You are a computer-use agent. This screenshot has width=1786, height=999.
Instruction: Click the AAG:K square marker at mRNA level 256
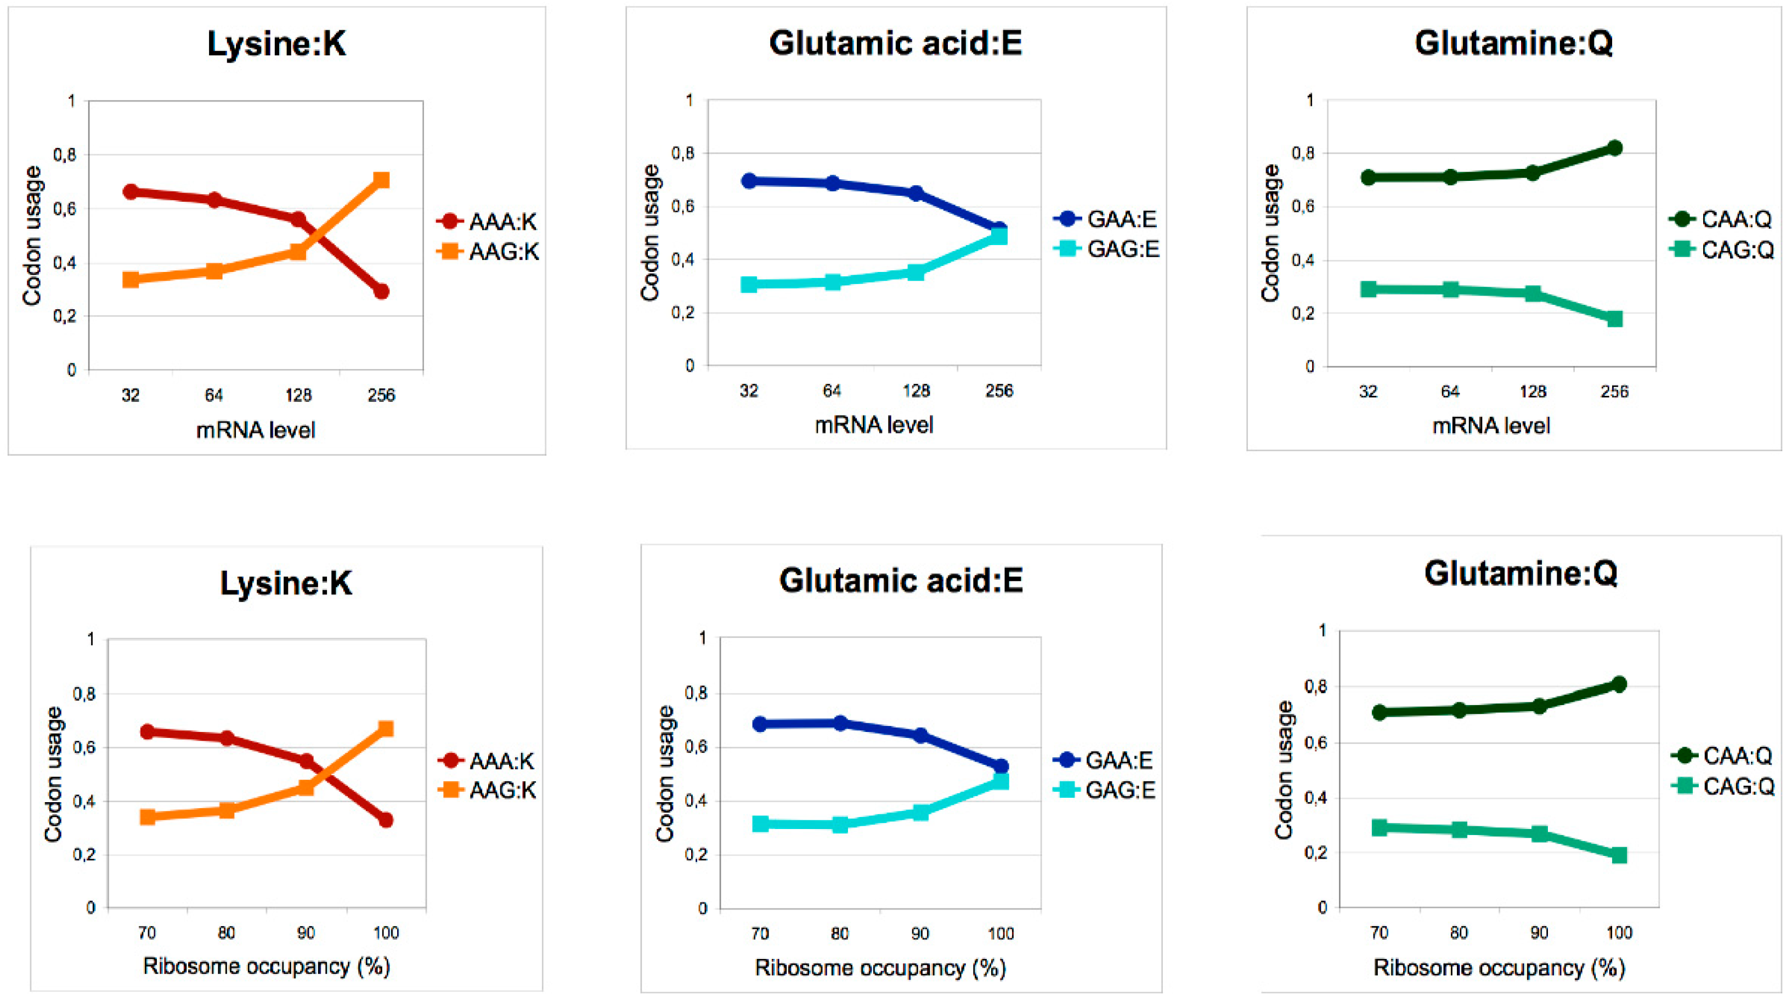coord(381,180)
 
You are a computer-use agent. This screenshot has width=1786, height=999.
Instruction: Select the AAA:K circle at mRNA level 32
coord(131,192)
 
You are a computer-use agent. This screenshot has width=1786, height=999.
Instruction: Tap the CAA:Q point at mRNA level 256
coord(1614,147)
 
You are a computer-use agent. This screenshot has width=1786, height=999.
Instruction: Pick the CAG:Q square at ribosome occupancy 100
coord(1619,855)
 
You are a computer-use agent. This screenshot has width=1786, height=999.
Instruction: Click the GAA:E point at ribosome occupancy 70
coord(760,724)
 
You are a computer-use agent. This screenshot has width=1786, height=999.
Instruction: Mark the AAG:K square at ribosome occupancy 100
coord(386,729)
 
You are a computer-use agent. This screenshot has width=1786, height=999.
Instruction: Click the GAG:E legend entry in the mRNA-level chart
coord(1106,249)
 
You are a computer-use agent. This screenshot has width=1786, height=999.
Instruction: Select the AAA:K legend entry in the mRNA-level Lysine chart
coord(488,222)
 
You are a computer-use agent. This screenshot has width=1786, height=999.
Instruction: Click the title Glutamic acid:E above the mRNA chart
coord(895,43)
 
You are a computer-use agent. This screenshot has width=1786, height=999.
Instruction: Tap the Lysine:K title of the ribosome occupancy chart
coord(286,583)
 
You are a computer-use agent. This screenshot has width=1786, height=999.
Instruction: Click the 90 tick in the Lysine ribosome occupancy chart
coord(306,933)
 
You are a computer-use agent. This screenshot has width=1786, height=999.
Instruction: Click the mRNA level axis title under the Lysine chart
coord(255,430)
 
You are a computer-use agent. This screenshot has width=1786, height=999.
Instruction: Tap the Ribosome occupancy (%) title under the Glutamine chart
coord(1499,968)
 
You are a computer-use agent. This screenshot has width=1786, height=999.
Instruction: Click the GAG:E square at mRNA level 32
coord(749,284)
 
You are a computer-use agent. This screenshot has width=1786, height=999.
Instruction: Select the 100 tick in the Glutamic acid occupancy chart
coord(1000,934)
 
